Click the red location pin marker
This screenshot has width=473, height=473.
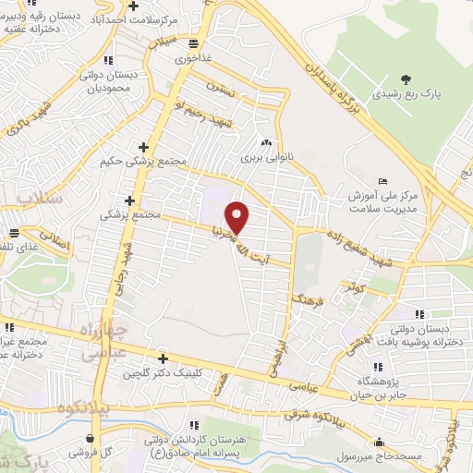[238, 217]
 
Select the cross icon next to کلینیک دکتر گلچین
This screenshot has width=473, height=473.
[164, 358]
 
